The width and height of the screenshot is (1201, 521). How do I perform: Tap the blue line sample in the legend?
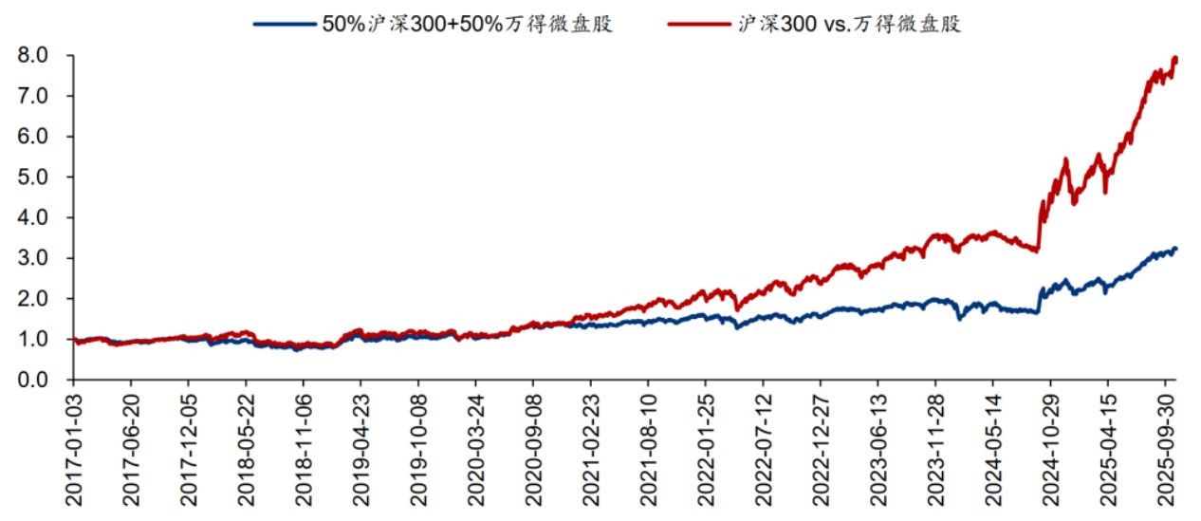click(x=285, y=25)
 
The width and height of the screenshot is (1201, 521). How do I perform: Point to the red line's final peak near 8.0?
click(x=1175, y=59)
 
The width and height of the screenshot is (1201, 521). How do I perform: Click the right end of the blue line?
click(x=1176, y=249)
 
